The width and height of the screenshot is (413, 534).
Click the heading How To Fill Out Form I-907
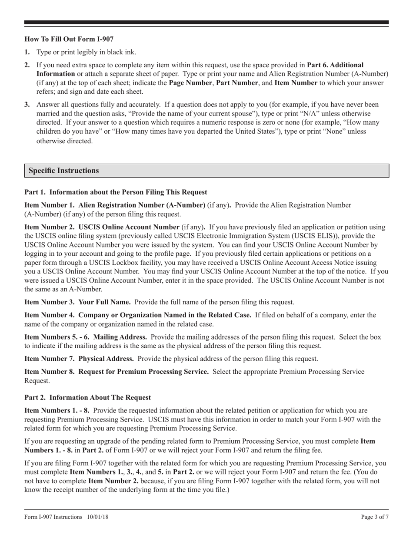69,39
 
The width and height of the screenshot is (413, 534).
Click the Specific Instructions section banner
63,171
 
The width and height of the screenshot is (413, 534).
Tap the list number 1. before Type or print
27,52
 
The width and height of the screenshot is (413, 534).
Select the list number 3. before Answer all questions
27,105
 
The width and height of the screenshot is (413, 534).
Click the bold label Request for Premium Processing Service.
143,372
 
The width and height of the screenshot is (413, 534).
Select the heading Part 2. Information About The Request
87,397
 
